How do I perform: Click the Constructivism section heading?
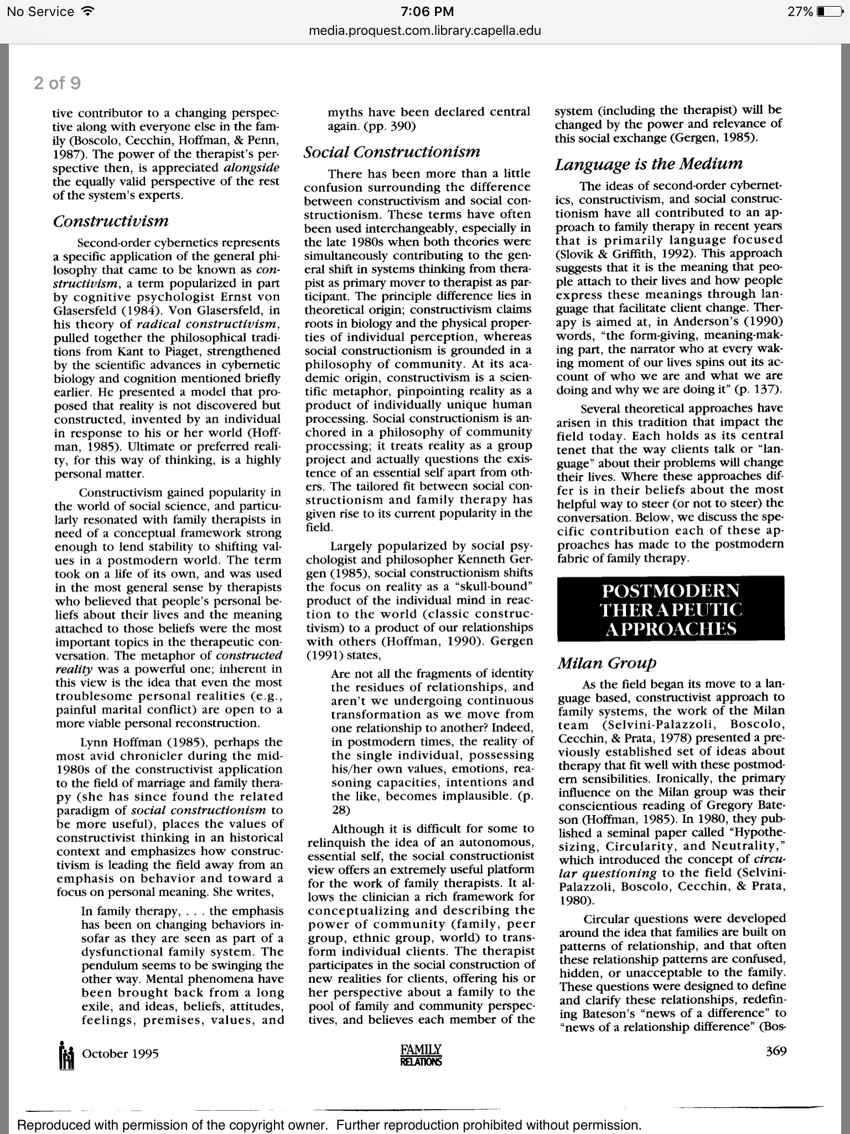(111, 221)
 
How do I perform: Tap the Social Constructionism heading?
(392, 152)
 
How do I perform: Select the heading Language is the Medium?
(649, 164)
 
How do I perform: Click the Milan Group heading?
(607, 663)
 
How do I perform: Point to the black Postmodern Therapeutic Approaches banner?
(670, 609)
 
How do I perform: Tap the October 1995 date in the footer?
(120, 1054)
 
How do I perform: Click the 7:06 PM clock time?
(424, 12)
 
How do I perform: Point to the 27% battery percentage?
(800, 12)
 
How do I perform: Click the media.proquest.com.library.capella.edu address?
(424, 31)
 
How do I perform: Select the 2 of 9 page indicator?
(57, 83)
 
